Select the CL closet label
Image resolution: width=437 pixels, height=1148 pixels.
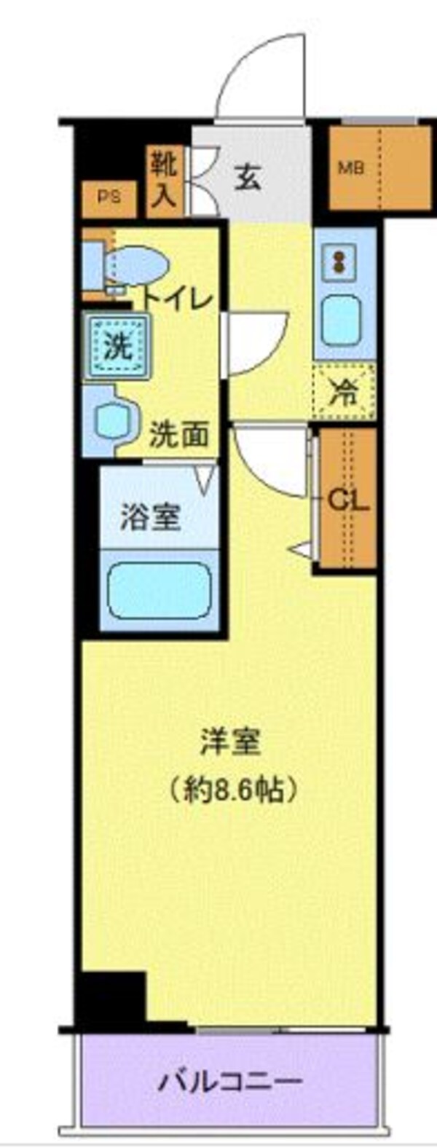[x=348, y=500]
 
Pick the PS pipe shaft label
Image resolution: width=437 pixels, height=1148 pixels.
[x=109, y=197]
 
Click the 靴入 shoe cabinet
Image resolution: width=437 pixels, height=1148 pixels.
[x=165, y=181]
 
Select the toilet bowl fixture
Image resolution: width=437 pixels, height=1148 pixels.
[x=135, y=266]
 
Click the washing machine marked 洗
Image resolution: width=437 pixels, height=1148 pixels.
[x=117, y=345]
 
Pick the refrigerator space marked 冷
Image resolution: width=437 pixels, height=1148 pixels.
[x=344, y=393]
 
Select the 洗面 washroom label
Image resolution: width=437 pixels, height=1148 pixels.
[x=179, y=436]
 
